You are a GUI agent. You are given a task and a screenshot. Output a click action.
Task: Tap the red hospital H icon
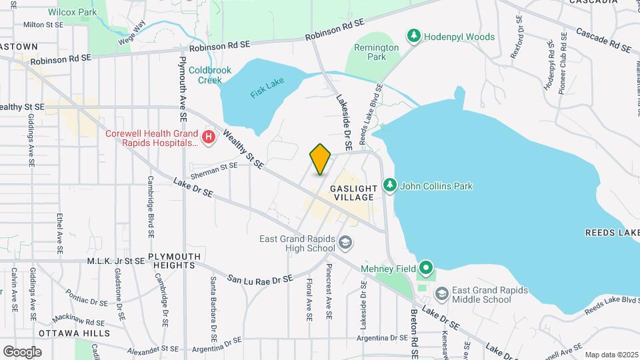click(x=209, y=138)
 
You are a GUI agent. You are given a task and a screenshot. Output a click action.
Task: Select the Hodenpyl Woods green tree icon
click(x=413, y=36)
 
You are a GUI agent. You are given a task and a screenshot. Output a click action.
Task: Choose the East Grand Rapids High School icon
click(x=345, y=242)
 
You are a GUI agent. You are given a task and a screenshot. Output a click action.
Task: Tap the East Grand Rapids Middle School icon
click(x=441, y=294)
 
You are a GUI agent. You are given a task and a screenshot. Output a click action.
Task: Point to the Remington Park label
click(x=376, y=52)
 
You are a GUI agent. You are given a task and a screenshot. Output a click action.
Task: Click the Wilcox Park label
click(x=72, y=11)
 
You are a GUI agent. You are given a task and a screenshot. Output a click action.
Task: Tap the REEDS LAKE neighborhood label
click(x=612, y=233)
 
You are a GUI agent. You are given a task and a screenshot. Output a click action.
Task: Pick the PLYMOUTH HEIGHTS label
click(x=174, y=261)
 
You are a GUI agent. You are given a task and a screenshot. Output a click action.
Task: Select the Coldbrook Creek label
click(x=209, y=75)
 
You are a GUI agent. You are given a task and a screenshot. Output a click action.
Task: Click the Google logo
click(x=21, y=351)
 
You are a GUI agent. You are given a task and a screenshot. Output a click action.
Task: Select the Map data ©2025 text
click(x=611, y=355)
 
